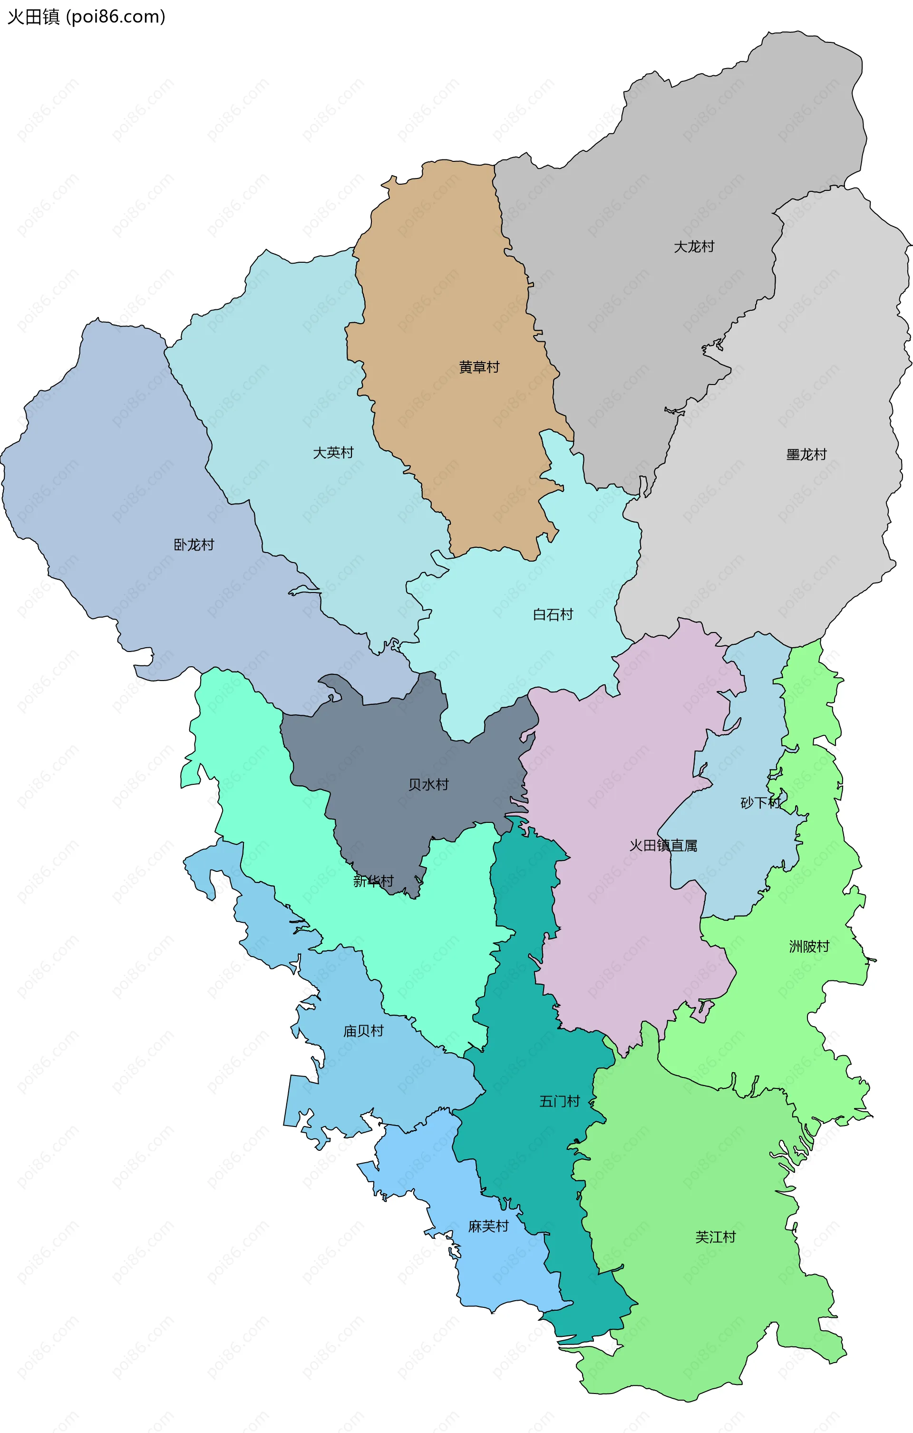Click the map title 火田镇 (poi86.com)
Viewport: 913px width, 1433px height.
(86, 17)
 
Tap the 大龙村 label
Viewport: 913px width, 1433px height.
(693, 247)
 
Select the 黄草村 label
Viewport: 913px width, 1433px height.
(479, 367)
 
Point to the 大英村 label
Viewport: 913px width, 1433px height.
(333, 453)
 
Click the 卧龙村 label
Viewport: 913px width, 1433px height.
(194, 544)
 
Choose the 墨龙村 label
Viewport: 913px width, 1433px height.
(806, 455)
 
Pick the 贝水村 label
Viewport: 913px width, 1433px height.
(428, 784)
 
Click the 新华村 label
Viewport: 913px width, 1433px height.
(373, 881)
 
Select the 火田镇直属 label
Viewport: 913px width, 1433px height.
(663, 846)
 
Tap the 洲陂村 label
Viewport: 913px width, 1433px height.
(809, 946)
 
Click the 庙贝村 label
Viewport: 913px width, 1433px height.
(363, 1031)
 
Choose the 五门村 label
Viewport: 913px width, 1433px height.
(559, 1101)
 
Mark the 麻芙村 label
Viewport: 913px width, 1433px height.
(488, 1226)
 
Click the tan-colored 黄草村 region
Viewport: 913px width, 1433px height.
(452, 286)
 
